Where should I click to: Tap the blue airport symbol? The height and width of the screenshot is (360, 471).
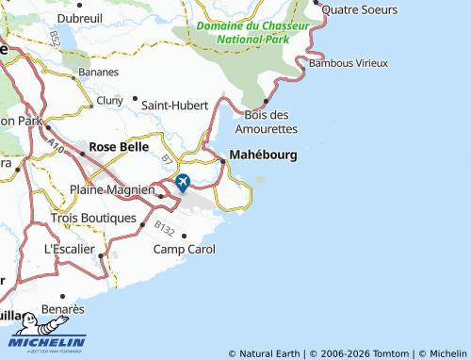pos(182,181)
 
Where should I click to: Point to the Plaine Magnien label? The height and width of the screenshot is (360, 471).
pos(112,190)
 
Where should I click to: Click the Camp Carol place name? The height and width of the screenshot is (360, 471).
pos(185,250)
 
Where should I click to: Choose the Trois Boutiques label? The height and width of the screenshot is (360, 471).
pos(93,218)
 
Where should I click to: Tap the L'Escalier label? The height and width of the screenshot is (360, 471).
pos(70,250)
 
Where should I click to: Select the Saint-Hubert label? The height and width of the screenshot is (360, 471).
pos(174,106)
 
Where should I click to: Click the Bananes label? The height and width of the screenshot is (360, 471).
pos(98,72)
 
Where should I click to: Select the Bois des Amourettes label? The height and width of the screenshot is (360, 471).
pos(265,122)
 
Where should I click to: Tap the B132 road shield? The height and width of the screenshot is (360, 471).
pos(138,229)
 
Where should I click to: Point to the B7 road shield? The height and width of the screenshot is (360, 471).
pos(168,158)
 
